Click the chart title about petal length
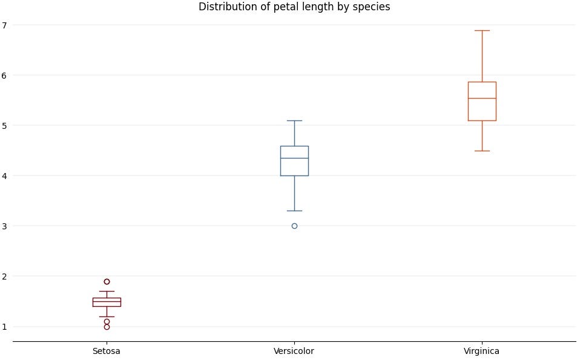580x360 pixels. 294,7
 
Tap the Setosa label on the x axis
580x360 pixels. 107,351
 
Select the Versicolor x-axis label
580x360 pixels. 294,351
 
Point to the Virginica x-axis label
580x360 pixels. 482,351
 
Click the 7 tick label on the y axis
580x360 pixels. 4,25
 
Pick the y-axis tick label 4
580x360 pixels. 4,176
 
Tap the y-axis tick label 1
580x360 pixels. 4,327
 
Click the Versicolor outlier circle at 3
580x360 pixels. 294,226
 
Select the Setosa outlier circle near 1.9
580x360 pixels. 107,281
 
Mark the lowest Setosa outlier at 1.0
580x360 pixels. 107,327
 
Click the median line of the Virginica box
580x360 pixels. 482,98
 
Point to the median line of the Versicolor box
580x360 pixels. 294,158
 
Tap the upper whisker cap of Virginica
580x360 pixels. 482,30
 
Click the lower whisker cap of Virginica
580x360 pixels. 482,151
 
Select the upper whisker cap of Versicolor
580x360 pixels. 294,120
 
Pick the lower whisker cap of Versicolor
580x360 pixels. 294,211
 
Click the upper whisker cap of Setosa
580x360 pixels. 107,291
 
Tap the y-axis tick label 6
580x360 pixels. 4,76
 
